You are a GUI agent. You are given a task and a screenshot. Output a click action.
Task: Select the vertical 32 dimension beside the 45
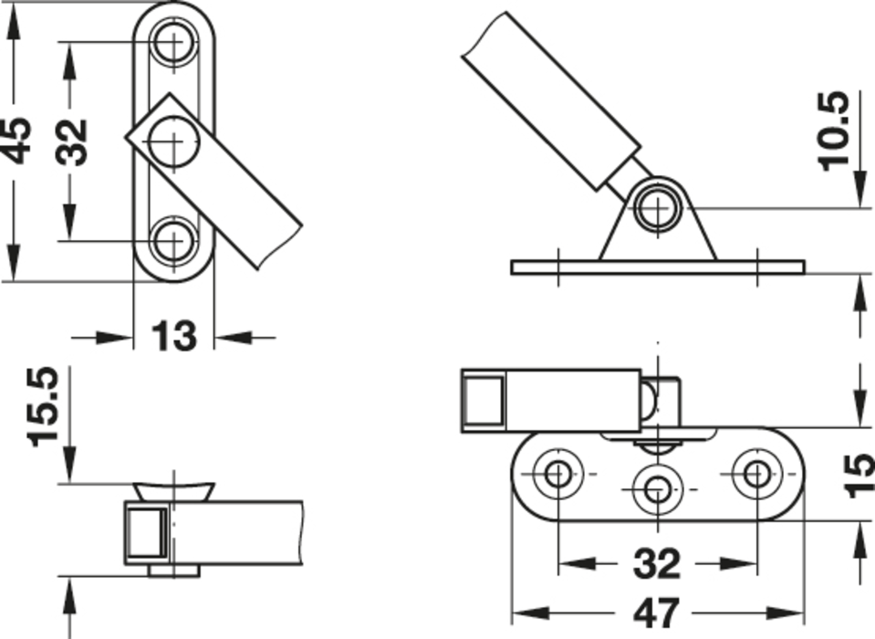pos(72,141)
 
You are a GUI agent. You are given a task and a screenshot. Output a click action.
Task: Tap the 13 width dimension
pos(173,336)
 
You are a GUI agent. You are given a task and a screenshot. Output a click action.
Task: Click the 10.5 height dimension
pos(834,131)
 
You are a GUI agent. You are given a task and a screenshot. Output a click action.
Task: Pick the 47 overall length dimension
pos(657,613)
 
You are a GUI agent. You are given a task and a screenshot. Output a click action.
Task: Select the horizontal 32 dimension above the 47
pos(657,563)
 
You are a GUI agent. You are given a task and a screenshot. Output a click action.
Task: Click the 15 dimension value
pos(859,476)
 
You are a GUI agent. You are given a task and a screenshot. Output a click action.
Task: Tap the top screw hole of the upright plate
pos(174,41)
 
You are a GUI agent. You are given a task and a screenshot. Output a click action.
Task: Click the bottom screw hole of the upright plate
pos(174,241)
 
